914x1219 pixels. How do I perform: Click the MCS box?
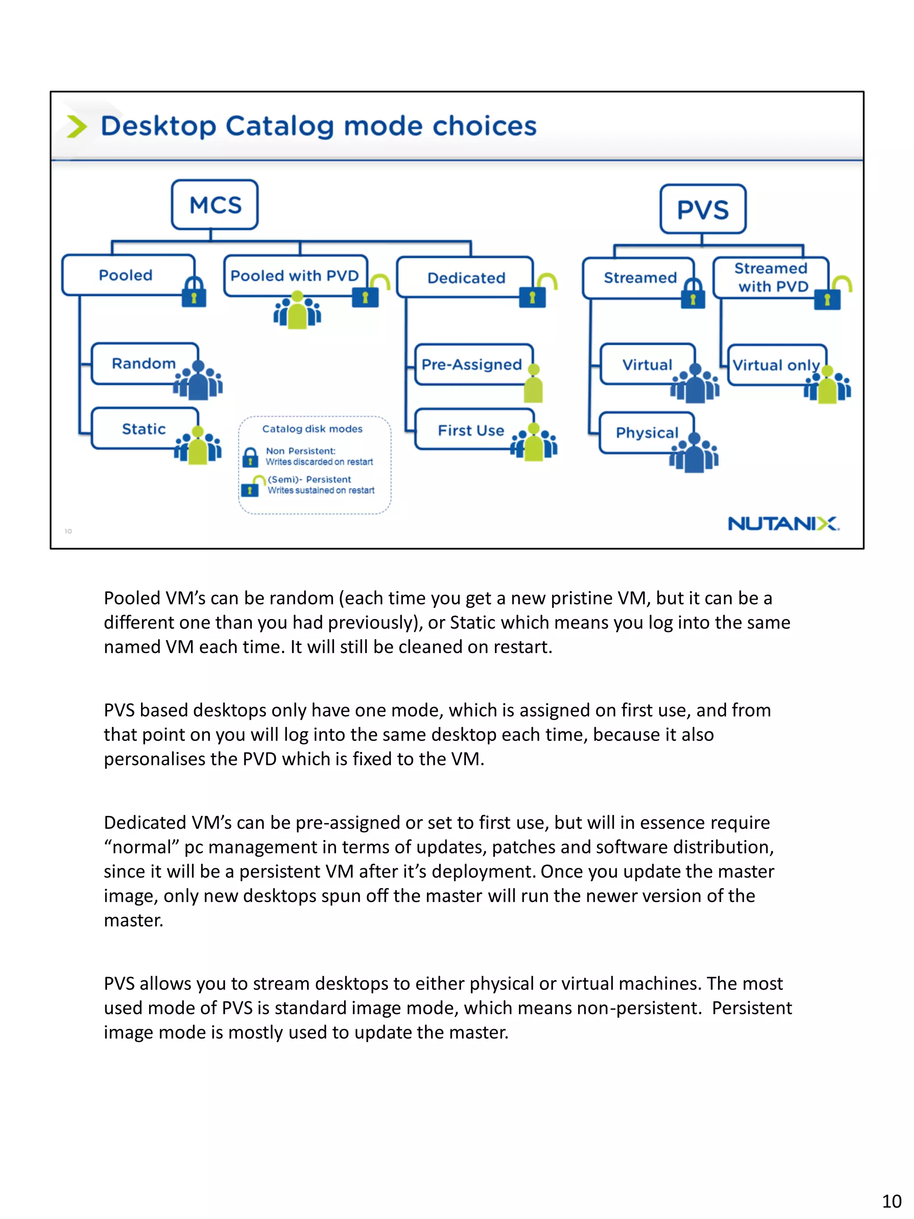[x=214, y=204]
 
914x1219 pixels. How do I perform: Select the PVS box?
[x=702, y=209]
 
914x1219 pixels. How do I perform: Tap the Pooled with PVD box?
[x=295, y=275]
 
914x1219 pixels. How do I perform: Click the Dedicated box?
[x=465, y=277]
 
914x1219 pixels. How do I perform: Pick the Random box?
[x=144, y=363]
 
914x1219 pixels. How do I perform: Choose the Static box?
[x=144, y=428]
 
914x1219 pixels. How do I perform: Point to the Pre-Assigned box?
[x=472, y=364]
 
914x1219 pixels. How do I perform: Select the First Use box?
[x=470, y=430]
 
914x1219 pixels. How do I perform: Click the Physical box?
[x=646, y=433]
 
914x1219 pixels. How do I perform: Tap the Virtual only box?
[x=776, y=364]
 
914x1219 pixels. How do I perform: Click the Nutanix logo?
[x=783, y=523]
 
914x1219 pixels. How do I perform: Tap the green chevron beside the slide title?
[x=77, y=126]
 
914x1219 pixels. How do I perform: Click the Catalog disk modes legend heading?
[x=312, y=429]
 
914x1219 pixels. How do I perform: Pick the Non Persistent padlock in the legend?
[x=250, y=457]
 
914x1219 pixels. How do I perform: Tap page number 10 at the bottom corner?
[x=891, y=1201]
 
